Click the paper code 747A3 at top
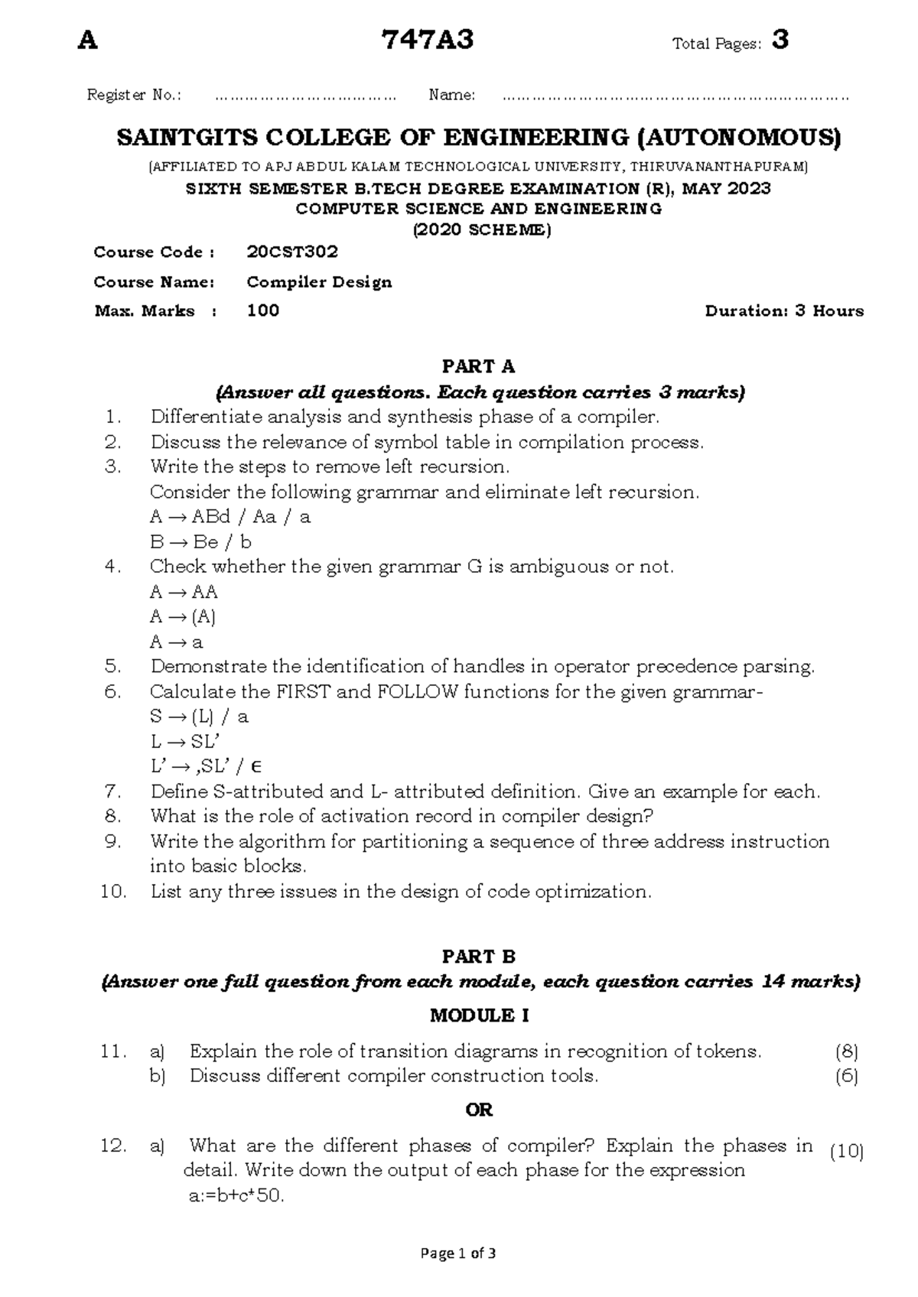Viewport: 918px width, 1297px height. pos(431,40)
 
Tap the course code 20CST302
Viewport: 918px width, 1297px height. pos(292,252)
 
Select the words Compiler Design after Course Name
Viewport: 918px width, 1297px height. pos(319,281)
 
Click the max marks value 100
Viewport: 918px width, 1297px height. pos(263,310)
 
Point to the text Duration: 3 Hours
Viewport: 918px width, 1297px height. pos(784,310)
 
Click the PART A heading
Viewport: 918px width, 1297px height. pos(479,366)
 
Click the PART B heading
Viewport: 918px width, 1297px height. pos(479,956)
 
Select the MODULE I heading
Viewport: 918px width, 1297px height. pos(479,1016)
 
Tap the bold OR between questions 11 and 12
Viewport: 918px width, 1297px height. pos(479,1110)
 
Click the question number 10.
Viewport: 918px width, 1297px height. pos(113,892)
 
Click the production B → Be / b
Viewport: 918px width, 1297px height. pos(200,542)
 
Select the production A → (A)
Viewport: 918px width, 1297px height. pos(183,616)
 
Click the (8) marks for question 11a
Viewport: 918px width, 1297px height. pos(847,1052)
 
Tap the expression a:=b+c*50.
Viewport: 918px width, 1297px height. pos(236,1197)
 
